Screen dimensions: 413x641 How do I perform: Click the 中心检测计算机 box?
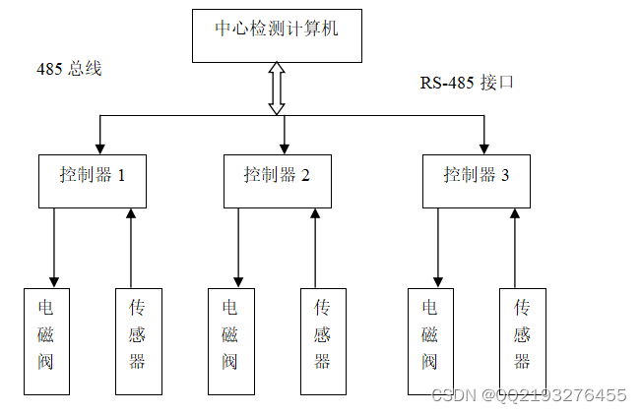coord(277,35)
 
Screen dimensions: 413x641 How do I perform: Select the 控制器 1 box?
coord(93,180)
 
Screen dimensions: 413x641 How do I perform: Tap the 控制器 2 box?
coord(278,180)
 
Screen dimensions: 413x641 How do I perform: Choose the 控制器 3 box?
coord(477,180)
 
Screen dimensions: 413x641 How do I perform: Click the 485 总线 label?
coord(69,69)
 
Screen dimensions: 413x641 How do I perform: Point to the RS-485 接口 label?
coord(467,83)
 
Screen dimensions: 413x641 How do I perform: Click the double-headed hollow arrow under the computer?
coord(277,88)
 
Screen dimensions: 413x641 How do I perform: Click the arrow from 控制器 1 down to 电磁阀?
coord(54,246)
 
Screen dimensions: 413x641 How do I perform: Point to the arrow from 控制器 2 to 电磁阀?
coord(238,246)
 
